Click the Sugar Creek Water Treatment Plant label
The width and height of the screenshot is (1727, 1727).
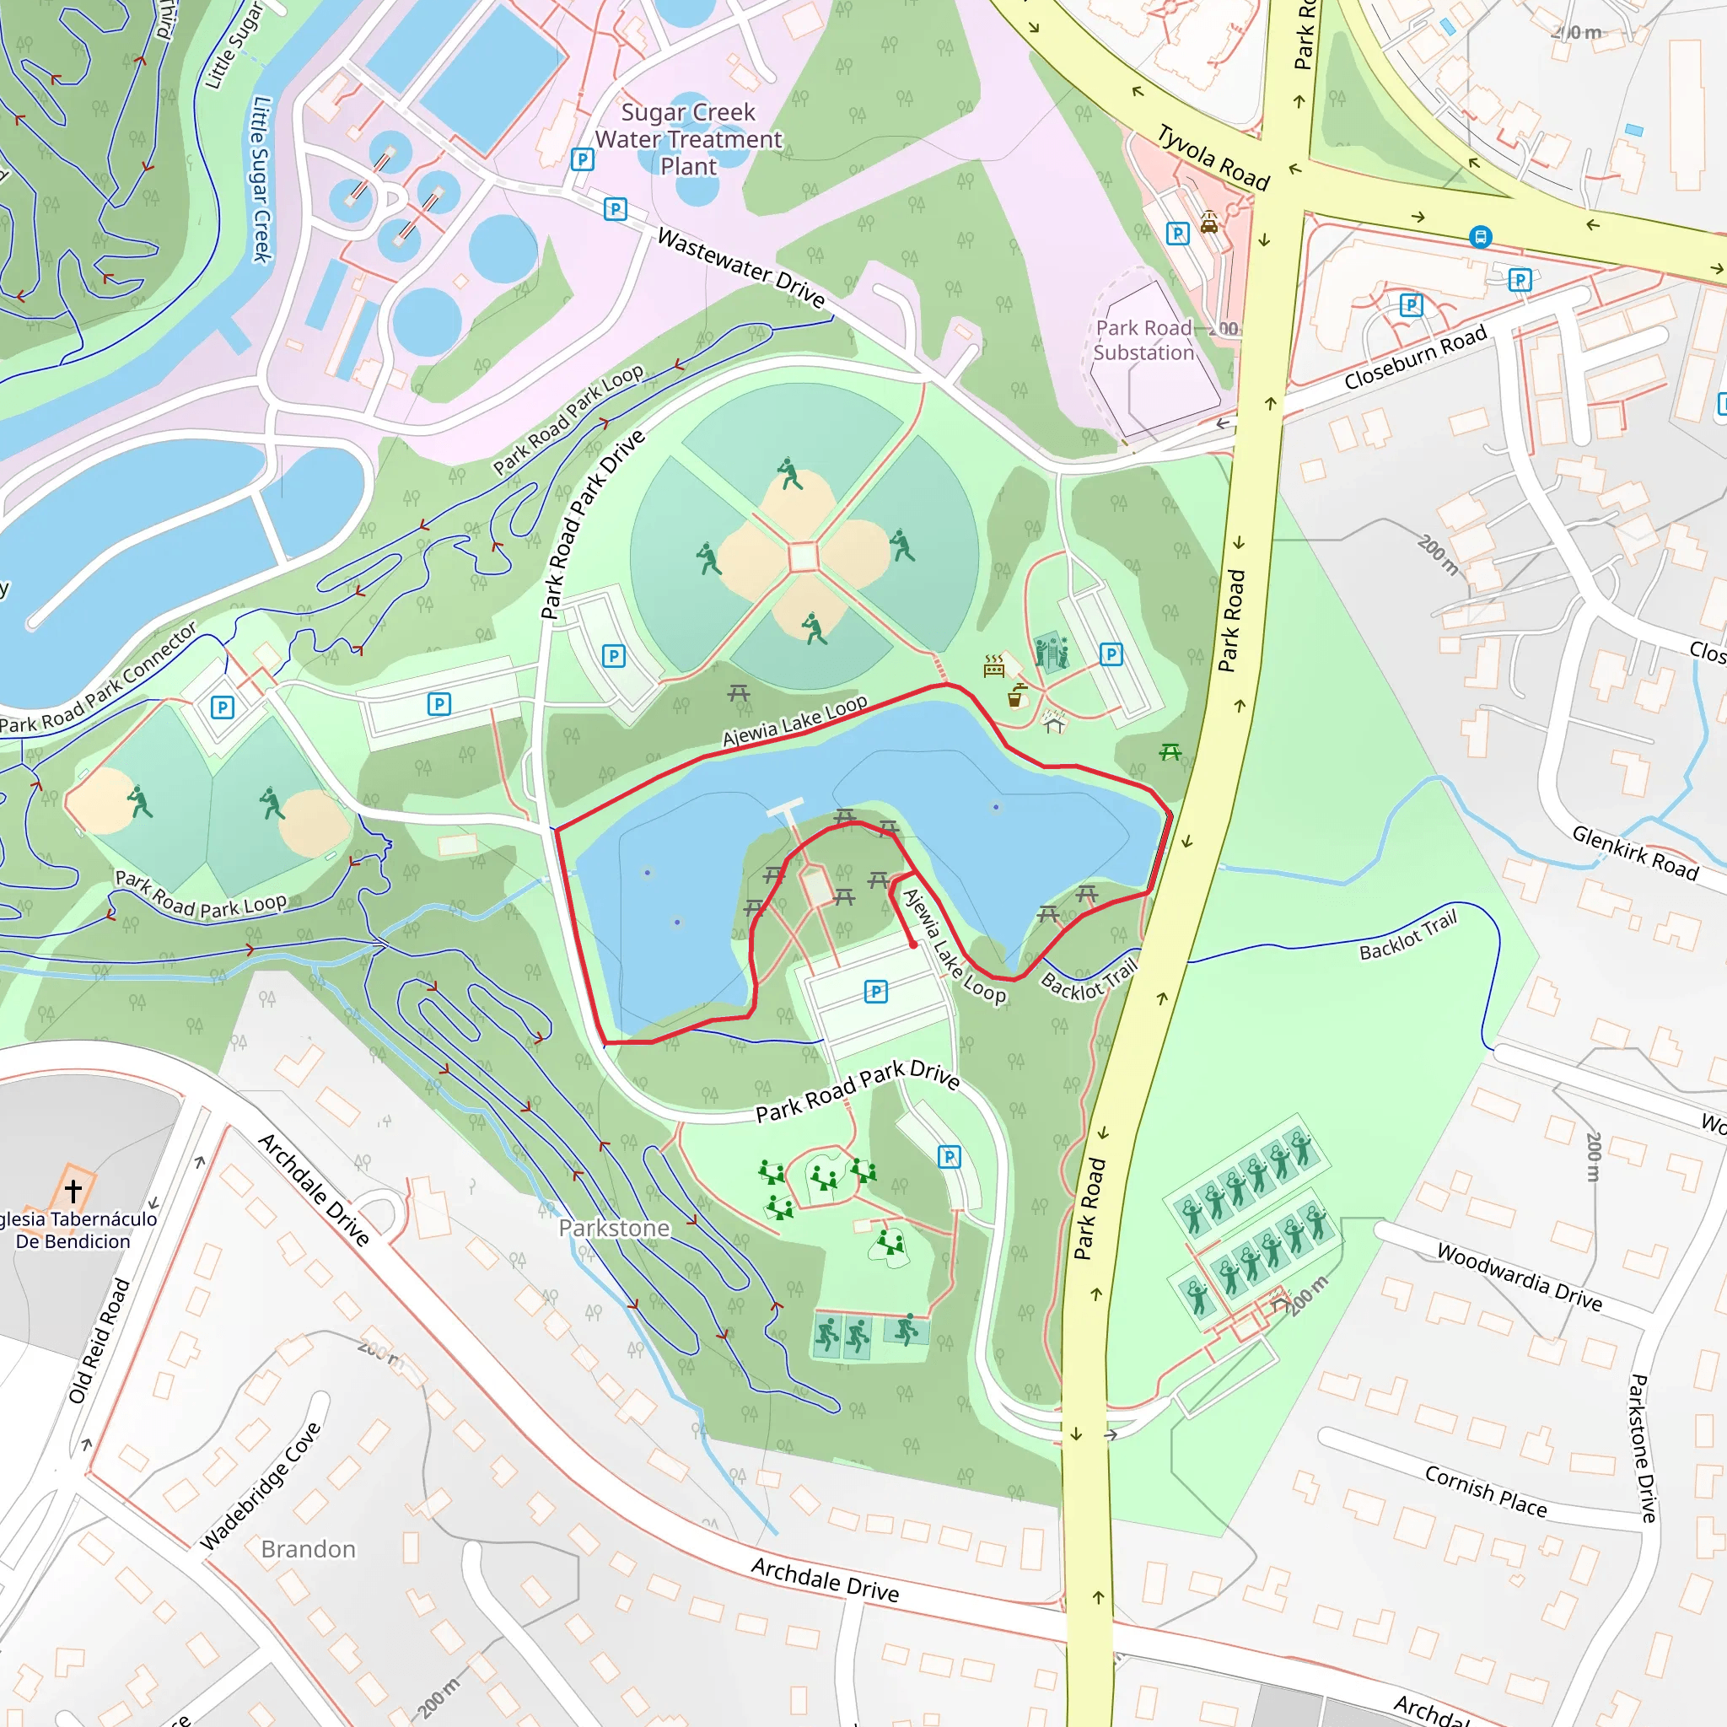(x=688, y=139)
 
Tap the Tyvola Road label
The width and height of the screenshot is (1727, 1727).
(x=1213, y=159)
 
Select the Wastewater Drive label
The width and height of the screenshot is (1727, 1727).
(x=741, y=267)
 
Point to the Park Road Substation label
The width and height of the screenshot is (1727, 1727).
(x=1144, y=341)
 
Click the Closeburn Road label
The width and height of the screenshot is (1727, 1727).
(x=1415, y=357)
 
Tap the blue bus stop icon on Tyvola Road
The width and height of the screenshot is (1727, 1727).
(x=1480, y=237)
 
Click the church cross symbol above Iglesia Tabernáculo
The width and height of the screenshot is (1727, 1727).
(x=73, y=1191)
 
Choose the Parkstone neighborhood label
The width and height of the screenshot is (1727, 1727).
(x=614, y=1228)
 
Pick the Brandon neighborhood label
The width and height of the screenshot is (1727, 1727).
(x=309, y=1549)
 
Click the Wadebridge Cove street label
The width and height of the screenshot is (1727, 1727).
(x=260, y=1486)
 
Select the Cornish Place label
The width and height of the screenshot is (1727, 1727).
(x=1485, y=1491)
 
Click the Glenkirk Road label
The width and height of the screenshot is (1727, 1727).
(x=1635, y=853)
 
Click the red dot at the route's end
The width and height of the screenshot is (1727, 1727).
(x=912, y=944)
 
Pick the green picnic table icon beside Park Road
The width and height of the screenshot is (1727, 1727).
(x=1170, y=753)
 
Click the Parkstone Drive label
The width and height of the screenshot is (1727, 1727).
(x=1643, y=1448)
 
